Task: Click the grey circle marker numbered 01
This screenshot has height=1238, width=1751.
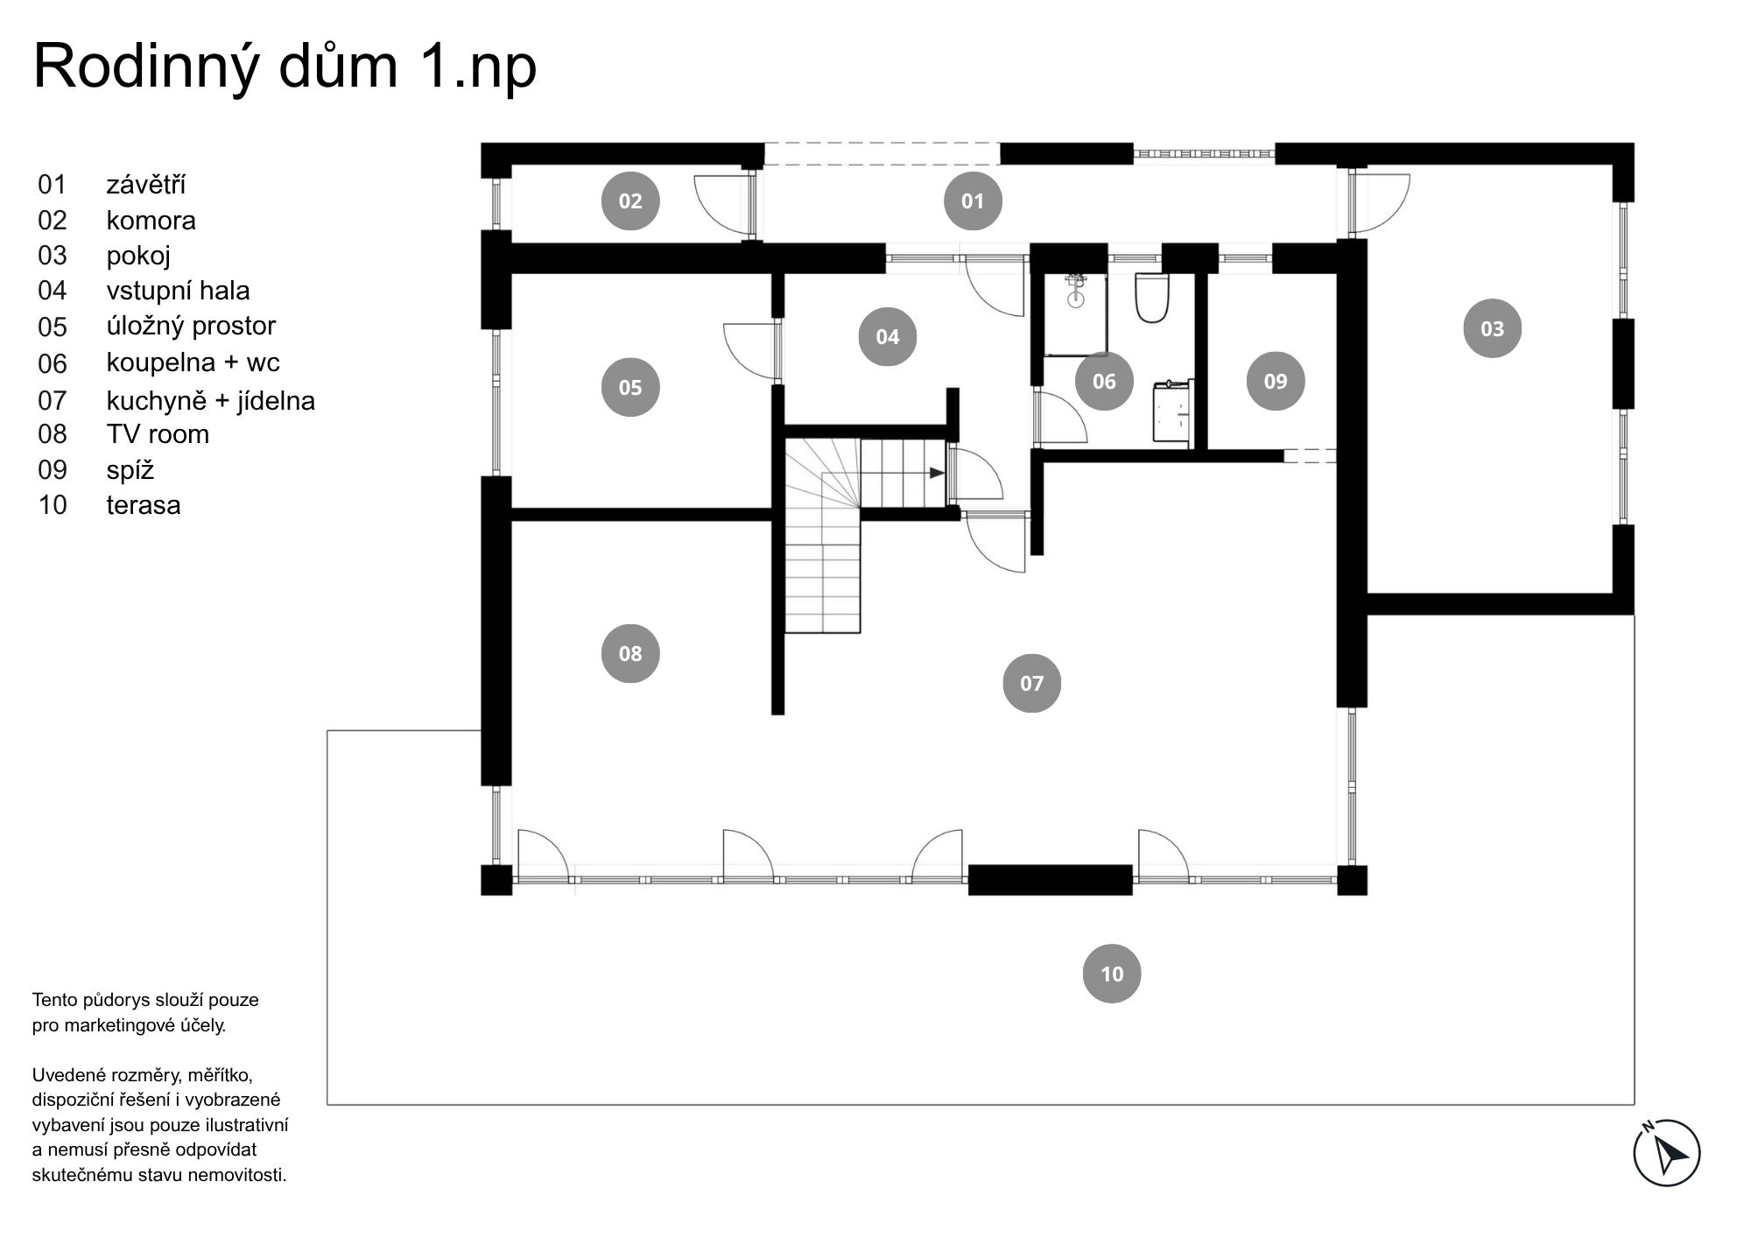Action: [973, 200]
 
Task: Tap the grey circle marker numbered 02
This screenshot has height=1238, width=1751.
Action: [630, 200]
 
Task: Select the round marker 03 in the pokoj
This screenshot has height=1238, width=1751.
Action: [1493, 328]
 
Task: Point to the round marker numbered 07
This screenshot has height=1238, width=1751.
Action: [1032, 683]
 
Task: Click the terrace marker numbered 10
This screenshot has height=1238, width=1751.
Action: [1112, 974]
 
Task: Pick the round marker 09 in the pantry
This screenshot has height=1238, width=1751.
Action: [1276, 381]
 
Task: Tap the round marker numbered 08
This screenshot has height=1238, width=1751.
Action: [630, 653]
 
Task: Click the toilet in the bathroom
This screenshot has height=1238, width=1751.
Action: [1152, 298]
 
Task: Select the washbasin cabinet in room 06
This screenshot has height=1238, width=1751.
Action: [1172, 411]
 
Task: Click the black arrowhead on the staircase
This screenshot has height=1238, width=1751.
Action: [938, 473]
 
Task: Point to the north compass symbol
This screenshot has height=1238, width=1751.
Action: [1667, 1153]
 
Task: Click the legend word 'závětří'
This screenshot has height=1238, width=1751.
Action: [146, 185]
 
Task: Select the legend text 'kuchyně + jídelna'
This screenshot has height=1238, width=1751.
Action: [211, 401]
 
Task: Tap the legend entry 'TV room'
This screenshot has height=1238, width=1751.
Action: [158, 434]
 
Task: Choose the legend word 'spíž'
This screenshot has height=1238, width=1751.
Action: [130, 470]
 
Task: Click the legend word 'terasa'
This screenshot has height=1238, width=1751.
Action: [144, 505]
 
